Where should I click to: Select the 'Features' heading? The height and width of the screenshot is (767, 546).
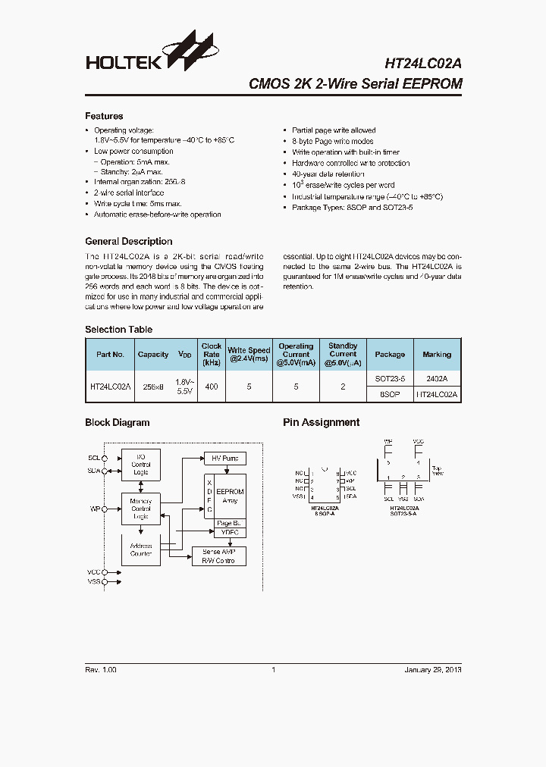point(104,116)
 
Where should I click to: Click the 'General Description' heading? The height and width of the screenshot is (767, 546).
point(128,241)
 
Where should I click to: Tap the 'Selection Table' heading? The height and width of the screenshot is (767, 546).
point(118,330)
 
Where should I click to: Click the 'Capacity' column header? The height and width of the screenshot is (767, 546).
point(153,354)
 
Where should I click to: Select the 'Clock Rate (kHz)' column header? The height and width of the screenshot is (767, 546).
point(212,354)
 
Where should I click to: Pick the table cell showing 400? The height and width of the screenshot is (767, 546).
point(212,387)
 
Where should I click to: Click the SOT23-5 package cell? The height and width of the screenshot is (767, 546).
point(390,378)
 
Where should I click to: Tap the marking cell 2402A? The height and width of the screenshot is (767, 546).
point(437,378)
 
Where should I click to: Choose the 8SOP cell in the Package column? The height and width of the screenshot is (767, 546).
point(390,395)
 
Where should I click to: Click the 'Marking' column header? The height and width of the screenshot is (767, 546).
point(437,354)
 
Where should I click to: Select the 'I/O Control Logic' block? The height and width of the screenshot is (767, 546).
point(141,465)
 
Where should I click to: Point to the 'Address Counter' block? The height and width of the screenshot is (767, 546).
point(141,549)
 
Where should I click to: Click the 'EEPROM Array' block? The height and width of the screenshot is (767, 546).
point(230,496)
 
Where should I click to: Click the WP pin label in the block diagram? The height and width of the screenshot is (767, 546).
point(94,509)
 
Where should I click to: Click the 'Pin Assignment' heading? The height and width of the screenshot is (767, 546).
point(321,423)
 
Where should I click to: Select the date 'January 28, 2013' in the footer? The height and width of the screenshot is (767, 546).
point(432,670)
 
